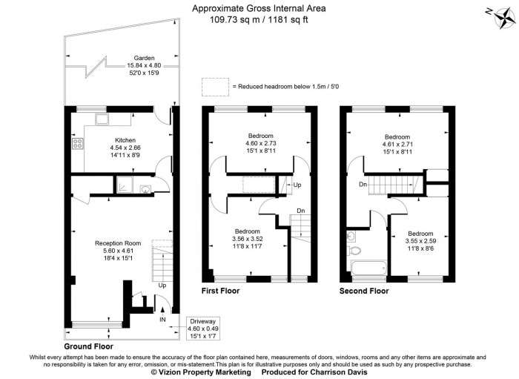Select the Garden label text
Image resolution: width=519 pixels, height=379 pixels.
144,58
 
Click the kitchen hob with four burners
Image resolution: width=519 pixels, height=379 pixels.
76,145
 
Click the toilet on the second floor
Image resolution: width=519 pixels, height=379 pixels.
351,237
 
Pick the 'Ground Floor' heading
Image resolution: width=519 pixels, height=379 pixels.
87,346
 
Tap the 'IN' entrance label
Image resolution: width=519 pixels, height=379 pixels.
162,319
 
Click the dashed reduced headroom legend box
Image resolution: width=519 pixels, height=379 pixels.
215,86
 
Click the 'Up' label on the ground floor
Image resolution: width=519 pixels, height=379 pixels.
161,284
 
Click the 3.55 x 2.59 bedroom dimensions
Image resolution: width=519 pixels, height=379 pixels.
420,240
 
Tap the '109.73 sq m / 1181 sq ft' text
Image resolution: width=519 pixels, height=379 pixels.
259,21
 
